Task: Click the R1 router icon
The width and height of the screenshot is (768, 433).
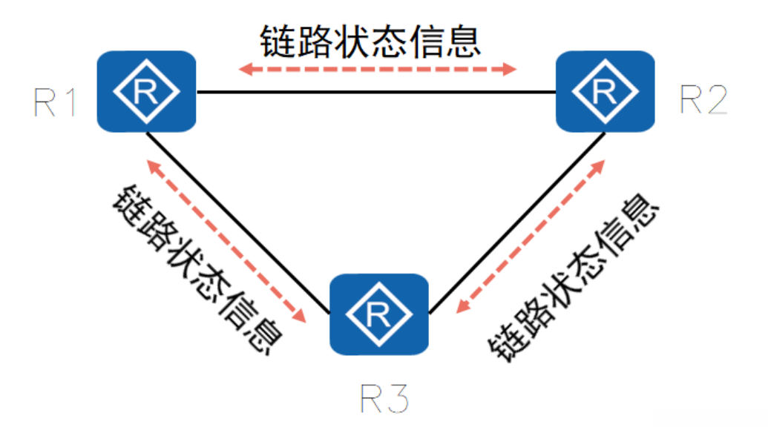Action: pos(146,91)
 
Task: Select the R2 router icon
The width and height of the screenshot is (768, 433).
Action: pos(605,91)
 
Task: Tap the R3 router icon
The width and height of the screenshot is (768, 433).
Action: pos(378,314)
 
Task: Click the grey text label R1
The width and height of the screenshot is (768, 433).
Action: pos(56,104)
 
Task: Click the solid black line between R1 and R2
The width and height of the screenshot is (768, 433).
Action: pos(375,93)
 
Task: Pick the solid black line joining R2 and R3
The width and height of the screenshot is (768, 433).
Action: pos(516,220)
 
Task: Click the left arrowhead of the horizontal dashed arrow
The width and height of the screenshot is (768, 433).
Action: pos(246,70)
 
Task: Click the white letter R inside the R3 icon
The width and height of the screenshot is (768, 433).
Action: pos(378,316)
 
